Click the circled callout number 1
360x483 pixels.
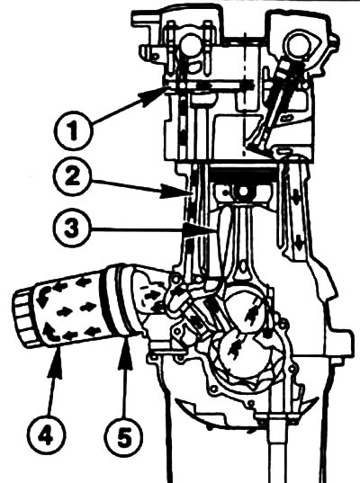coord(73,131)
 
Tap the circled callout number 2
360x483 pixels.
coord(72,177)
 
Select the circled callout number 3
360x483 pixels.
coord(72,228)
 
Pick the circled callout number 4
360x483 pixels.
coord(46,436)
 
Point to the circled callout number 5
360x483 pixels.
coord(123,436)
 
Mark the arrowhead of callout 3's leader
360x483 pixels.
coord(197,229)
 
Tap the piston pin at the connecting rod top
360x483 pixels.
coord(244,191)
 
